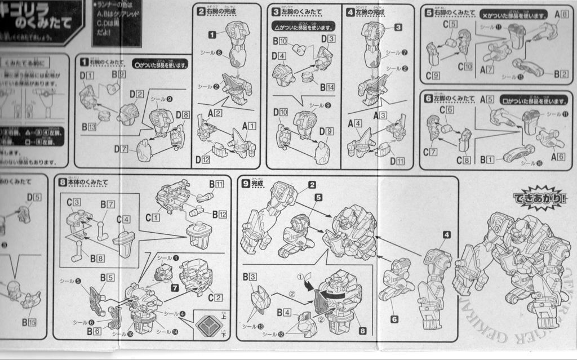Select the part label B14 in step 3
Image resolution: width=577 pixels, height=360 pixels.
click(327, 87)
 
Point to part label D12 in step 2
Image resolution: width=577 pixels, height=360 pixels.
click(203, 159)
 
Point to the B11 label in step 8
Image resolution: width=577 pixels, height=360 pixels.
click(216, 184)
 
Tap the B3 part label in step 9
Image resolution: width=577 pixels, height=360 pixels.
click(250, 277)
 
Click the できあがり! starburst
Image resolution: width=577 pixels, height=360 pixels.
click(540, 198)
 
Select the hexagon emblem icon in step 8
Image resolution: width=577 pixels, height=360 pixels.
click(208, 324)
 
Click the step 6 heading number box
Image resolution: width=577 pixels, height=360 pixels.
click(428, 99)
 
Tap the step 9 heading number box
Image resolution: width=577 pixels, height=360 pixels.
click(246, 183)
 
